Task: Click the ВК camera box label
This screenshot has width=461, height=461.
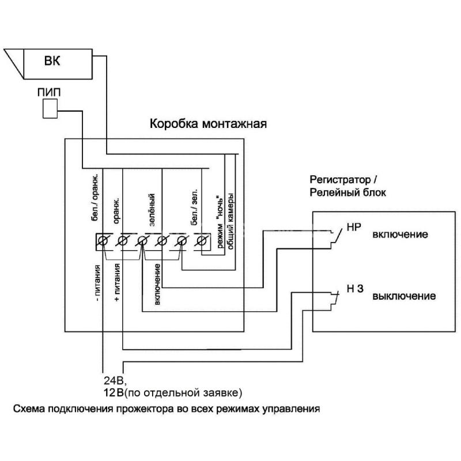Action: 52,61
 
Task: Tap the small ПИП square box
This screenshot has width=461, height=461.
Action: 50,108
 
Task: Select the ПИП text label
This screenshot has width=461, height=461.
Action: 49,92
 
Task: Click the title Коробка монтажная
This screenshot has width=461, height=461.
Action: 208,124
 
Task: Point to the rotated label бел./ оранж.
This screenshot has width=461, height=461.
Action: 95,197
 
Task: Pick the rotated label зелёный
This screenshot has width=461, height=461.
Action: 152,210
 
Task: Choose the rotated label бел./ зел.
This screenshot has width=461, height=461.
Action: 194,207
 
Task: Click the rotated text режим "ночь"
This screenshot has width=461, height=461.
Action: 220,221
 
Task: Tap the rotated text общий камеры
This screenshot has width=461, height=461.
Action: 230,221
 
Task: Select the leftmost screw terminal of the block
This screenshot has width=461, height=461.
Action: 103,241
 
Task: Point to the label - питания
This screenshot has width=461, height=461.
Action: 98,283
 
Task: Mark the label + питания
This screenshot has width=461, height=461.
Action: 117,282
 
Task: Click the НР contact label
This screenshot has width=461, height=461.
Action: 354,227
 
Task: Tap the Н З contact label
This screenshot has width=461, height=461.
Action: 355,289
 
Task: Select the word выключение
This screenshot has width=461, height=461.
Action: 404,296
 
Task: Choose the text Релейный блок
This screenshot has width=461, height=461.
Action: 348,192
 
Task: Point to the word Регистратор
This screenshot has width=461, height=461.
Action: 340,180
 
